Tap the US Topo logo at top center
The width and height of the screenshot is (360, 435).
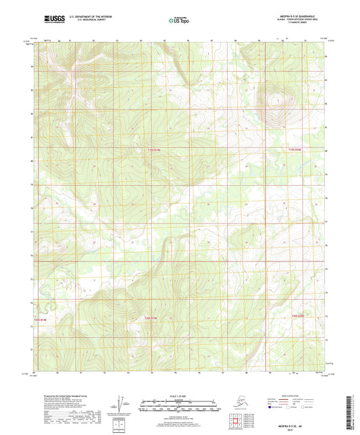tap(179, 20)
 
